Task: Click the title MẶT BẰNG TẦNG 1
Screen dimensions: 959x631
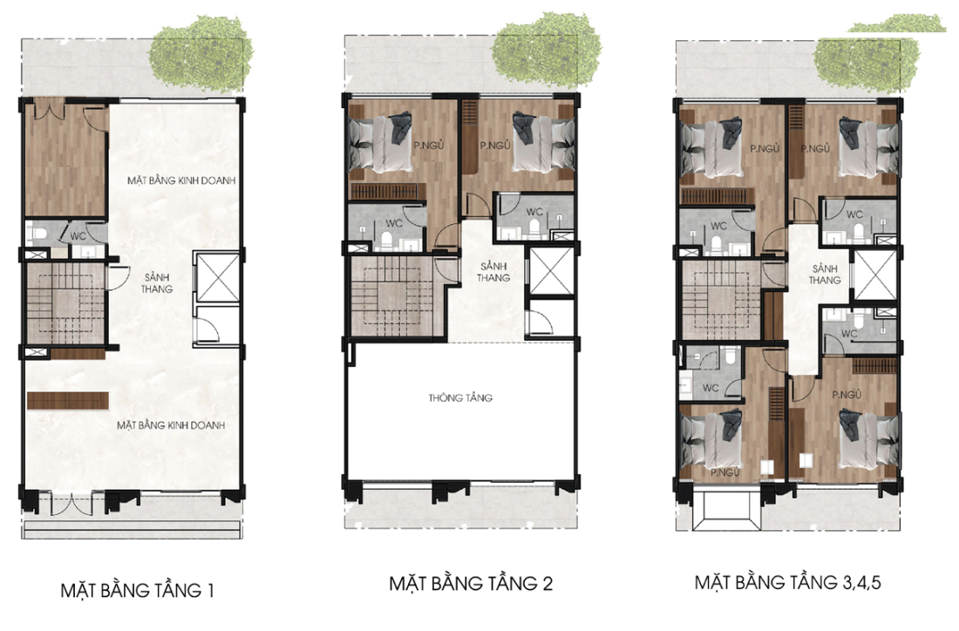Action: click(137, 590)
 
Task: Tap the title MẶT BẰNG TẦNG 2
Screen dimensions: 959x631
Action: click(471, 583)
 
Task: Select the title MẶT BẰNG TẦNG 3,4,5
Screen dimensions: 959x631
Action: click(788, 581)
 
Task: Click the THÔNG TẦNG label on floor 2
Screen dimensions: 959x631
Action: click(460, 398)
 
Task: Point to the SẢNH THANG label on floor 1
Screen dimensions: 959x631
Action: click(157, 283)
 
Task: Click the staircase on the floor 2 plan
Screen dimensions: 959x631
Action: click(391, 295)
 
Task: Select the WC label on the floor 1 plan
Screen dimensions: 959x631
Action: click(78, 236)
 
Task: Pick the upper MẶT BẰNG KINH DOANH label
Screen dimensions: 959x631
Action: click(181, 180)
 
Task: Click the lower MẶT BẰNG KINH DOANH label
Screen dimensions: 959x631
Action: click(171, 425)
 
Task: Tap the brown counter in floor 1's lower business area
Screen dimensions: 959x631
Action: click(68, 401)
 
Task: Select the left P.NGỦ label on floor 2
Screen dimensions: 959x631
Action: click(428, 146)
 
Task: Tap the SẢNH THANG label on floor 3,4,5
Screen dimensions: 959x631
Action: click(825, 275)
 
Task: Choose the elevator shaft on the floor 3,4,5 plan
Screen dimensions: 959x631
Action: click(875, 275)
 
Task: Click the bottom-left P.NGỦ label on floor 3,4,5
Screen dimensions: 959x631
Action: click(725, 472)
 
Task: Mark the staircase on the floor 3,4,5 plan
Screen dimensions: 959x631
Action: click(722, 300)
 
